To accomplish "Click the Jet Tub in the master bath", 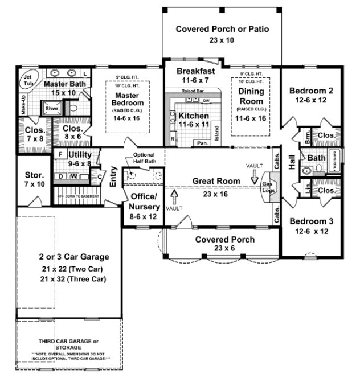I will click(x=27, y=79).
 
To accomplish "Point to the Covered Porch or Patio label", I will click(x=222, y=29).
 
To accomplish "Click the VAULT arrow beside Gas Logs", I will click(x=254, y=178).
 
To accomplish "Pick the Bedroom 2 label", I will click(x=311, y=91).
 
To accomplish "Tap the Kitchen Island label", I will click(x=216, y=132).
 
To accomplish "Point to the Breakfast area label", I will click(x=195, y=71).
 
